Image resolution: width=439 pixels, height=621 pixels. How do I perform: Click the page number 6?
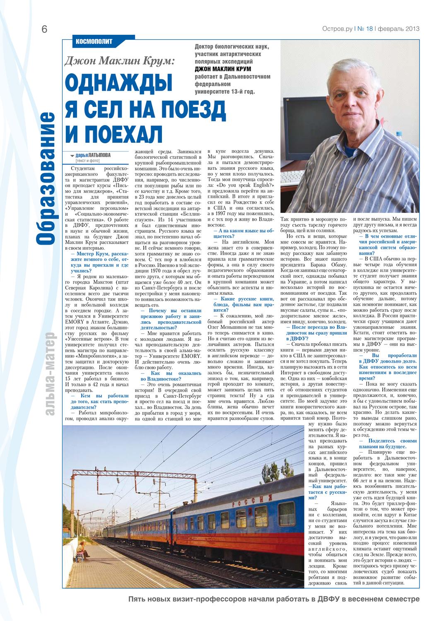[x=44, y=29]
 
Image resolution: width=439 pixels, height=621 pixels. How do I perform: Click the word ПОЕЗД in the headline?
[x=193, y=109]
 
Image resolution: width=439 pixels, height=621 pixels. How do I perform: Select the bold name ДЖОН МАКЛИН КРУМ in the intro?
[x=223, y=69]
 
